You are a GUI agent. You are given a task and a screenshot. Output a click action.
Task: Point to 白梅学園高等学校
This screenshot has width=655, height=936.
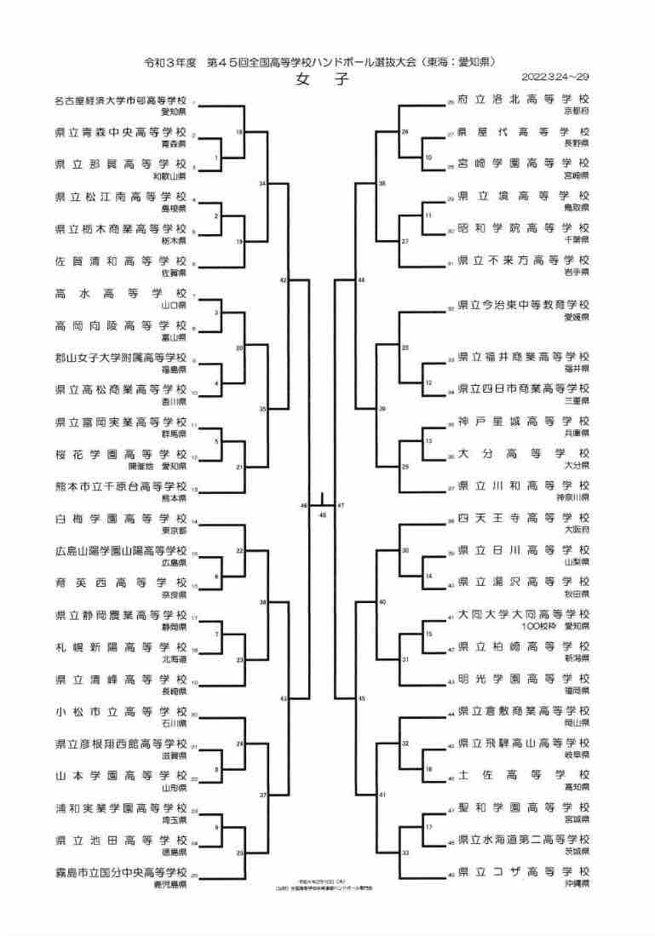pos(120,518)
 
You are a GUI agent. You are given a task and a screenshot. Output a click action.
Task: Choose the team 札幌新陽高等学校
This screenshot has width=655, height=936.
pos(120,646)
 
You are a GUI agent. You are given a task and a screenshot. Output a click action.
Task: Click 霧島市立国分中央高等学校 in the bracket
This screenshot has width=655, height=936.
pos(120,872)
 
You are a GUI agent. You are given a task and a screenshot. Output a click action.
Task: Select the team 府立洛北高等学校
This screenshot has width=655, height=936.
pos(523,100)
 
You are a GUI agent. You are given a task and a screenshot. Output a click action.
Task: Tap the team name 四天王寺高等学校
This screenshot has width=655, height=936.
pos(523,518)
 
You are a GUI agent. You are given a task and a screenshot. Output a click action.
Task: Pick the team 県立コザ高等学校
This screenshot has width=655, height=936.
pos(523,871)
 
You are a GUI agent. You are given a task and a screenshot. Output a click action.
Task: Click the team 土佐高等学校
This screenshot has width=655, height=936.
pos(523,775)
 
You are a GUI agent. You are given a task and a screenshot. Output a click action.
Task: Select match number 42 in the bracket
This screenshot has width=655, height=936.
pos(284,279)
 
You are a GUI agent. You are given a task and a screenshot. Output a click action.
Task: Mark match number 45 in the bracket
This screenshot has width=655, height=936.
pos(362,698)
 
